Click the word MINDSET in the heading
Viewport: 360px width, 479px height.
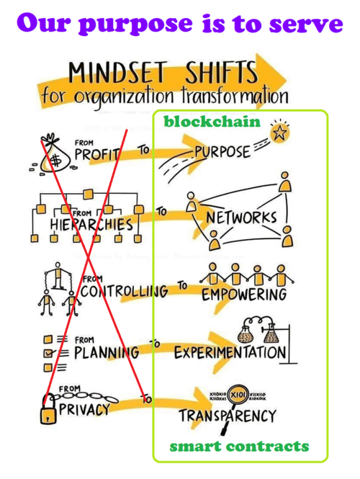tap(118, 73)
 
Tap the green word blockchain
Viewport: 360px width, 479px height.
tap(212, 122)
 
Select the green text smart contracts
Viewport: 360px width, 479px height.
tap(239, 447)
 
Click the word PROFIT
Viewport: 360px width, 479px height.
tap(97, 154)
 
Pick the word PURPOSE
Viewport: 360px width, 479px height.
tap(222, 152)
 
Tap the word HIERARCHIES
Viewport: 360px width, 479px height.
tap(91, 225)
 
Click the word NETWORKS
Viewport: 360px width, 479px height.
tap(241, 218)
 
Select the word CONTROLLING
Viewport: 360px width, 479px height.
tap(125, 291)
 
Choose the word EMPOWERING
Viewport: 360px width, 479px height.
tap(244, 295)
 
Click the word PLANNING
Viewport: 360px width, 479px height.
tap(107, 353)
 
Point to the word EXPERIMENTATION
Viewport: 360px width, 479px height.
tap(230, 352)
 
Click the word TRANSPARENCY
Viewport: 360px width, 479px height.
tap(228, 416)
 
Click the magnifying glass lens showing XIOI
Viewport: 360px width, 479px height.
tap(238, 395)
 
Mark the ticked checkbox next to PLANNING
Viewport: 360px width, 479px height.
tap(48, 353)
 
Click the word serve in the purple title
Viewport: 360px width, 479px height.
tap(306, 23)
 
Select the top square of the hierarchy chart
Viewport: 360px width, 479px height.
tap(88, 194)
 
